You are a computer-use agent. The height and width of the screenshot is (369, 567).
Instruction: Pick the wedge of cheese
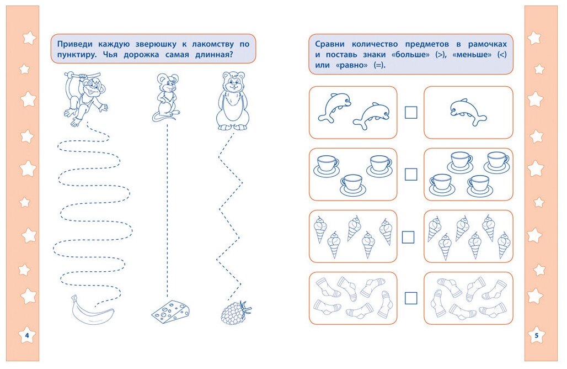[x=171, y=312]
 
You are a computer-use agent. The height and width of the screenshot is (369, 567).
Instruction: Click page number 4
[x=25, y=335]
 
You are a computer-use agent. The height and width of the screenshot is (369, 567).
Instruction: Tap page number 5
[x=536, y=335]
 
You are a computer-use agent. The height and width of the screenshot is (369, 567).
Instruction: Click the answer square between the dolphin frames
[x=411, y=112]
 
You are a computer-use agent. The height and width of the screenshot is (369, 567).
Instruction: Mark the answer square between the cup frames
[x=411, y=174]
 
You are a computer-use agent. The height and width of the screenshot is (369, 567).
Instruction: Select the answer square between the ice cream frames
[x=408, y=237]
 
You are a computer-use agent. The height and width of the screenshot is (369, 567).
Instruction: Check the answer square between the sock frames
[x=411, y=298]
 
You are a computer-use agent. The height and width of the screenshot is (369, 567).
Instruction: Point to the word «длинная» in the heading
[x=211, y=55]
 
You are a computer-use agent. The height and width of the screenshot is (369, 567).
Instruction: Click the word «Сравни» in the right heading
[x=330, y=44]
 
